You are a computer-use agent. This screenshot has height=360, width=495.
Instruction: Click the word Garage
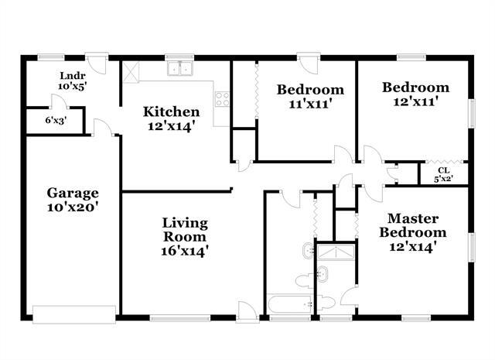point(73,193)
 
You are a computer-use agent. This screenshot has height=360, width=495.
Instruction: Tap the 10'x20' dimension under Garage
point(73,207)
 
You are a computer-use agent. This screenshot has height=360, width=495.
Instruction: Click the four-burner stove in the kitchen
point(221,99)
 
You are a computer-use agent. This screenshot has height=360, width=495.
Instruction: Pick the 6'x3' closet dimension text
point(54,120)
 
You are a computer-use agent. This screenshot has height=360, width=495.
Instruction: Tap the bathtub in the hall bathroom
point(289,305)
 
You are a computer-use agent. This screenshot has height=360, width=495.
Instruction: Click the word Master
point(417,218)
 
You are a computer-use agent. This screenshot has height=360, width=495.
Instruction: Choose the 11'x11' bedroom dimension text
point(310,103)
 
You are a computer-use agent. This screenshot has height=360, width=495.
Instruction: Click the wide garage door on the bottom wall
point(73,313)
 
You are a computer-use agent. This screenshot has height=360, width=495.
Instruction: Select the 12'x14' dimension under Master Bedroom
point(417,247)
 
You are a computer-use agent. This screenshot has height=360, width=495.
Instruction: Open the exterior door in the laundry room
point(96,60)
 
